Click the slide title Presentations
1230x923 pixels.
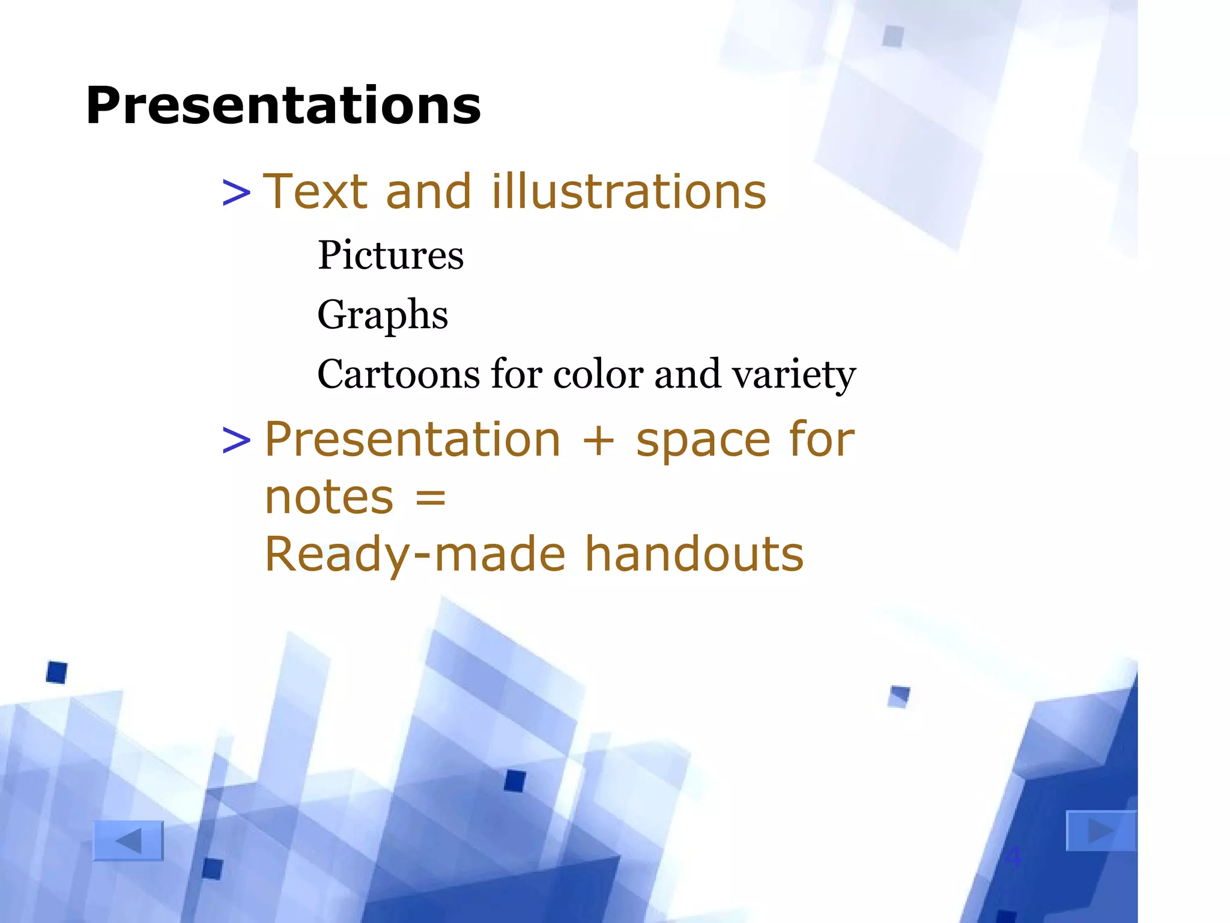point(283,106)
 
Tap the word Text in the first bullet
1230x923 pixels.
point(315,192)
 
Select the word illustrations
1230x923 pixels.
point(628,192)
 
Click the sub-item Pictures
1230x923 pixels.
point(390,255)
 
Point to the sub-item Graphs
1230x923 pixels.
point(382,315)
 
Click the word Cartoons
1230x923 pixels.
point(398,374)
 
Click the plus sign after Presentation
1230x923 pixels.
point(598,440)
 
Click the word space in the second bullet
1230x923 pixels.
point(703,440)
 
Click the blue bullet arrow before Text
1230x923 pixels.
point(236,193)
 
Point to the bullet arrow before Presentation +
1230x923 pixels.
point(236,440)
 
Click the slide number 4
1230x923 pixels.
point(1013,856)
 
